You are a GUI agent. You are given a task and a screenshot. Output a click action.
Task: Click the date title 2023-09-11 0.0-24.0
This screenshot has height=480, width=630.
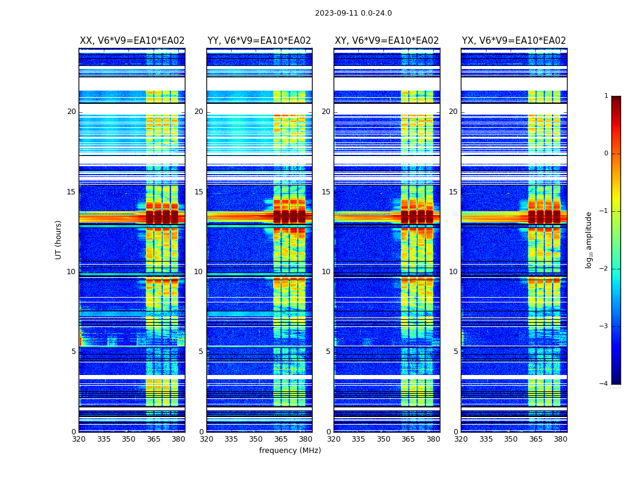coord(353,13)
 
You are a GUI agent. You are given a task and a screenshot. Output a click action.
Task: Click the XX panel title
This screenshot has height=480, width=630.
coord(132,41)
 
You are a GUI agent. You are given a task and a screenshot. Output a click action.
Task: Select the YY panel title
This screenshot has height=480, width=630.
coord(259,41)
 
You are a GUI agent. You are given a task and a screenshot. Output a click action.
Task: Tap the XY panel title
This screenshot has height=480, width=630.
coord(386,41)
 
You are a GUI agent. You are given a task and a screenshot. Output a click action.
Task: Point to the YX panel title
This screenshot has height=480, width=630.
coord(514,41)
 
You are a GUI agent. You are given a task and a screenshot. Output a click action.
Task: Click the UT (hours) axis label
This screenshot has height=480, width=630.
coord(59,239)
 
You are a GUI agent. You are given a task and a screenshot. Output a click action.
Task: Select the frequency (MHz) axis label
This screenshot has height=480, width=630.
coord(290,451)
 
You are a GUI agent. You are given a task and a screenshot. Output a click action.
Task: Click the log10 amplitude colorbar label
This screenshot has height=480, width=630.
coord(589,239)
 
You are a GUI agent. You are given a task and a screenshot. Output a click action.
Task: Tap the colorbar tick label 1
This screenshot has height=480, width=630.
coord(606,96)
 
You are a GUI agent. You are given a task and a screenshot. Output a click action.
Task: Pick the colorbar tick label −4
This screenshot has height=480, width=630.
coord(604,384)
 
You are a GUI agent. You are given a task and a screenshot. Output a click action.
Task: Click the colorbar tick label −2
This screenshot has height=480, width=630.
coord(604,269)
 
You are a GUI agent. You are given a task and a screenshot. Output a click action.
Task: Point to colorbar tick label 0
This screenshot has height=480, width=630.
coord(606,154)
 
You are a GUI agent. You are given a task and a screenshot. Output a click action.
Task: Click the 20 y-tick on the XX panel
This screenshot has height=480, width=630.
coord(71,112)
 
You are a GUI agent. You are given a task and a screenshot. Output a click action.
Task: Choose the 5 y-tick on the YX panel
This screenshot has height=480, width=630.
coord(455,352)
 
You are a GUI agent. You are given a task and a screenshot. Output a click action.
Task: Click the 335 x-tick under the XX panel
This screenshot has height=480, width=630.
coord(104,439)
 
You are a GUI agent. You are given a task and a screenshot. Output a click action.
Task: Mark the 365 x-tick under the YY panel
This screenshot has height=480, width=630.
coord(281,439)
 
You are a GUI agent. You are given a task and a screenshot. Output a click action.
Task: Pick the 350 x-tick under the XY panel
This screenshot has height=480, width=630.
coord(383,439)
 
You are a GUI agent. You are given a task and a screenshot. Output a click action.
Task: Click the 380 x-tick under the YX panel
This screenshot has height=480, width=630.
coord(560,439)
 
